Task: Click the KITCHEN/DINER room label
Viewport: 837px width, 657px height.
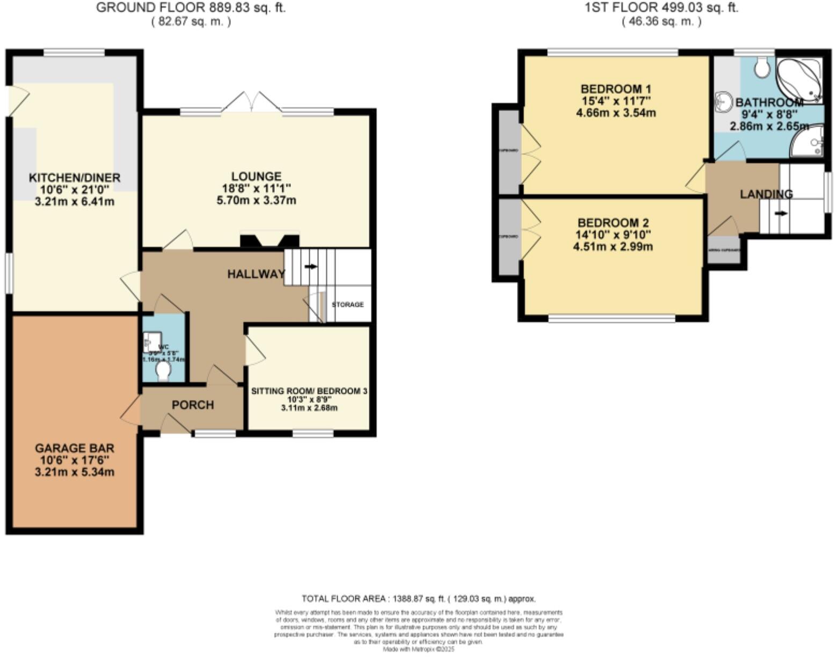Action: pyautogui.click(x=74, y=178)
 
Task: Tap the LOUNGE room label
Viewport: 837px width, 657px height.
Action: pyautogui.click(x=256, y=177)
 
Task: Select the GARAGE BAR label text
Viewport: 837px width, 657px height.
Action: pyautogui.click(x=74, y=448)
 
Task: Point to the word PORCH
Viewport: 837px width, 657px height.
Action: pyautogui.click(x=193, y=405)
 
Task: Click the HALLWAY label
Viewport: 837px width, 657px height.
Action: pyautogui.click(x=256, y=274)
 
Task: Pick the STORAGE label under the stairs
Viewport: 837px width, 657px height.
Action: pyautogui.click(x=347, y=304)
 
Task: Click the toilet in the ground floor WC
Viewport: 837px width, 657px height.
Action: pyautogui.click(x=163, y=371)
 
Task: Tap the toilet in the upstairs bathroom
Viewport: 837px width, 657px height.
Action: pyautogui.click(x=761, y=67)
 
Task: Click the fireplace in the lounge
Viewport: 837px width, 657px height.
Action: pyautogui.click(x=270, y=240)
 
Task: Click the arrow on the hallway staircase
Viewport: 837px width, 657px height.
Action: pyautogui.click(x=311, y=266)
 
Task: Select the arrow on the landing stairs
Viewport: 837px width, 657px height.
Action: pyautogui.click(x=781, y=213)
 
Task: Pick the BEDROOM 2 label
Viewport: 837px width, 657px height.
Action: pyautogui.click(x=613, y=223)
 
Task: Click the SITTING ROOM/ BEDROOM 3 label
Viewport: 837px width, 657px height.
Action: pyautogui.click(x=309, y=391)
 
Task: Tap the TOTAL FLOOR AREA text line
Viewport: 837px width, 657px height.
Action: pyautogui.click(x=418, y=598)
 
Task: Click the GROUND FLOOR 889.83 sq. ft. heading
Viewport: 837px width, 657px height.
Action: pyautogui.click(x=191, y=8)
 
